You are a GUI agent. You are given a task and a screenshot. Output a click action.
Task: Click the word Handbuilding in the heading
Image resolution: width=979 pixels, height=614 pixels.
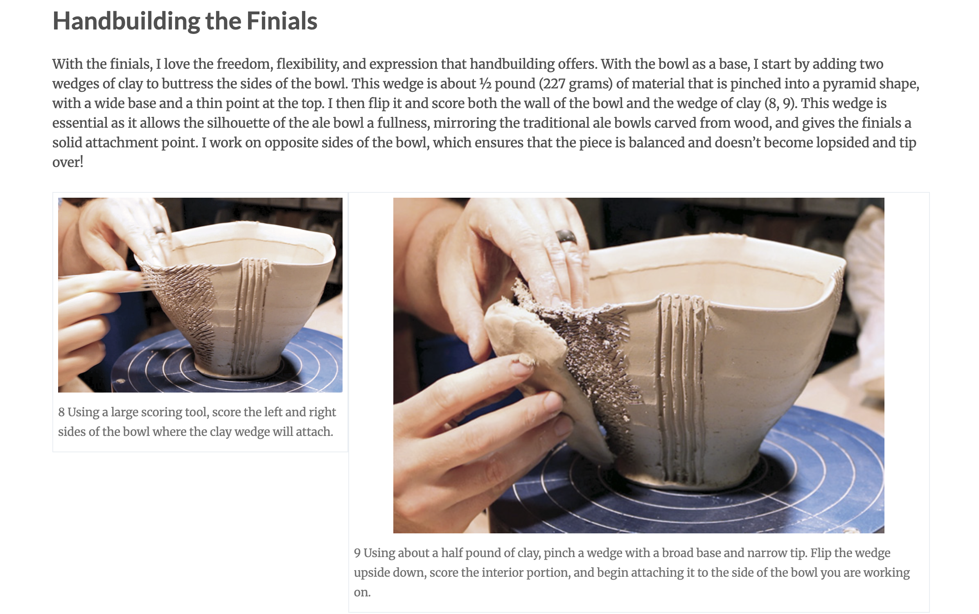(x=126, y=21)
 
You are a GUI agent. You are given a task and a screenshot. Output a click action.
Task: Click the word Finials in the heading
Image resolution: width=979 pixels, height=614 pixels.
(x=282, y=21)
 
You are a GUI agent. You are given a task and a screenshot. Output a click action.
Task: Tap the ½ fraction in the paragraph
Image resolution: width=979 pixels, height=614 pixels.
(x=485, y=84)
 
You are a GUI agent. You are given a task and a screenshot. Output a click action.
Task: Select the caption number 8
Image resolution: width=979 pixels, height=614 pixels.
(x=61, y=412)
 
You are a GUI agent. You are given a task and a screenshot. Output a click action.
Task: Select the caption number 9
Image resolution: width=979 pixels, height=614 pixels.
(x=357, y=553)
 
